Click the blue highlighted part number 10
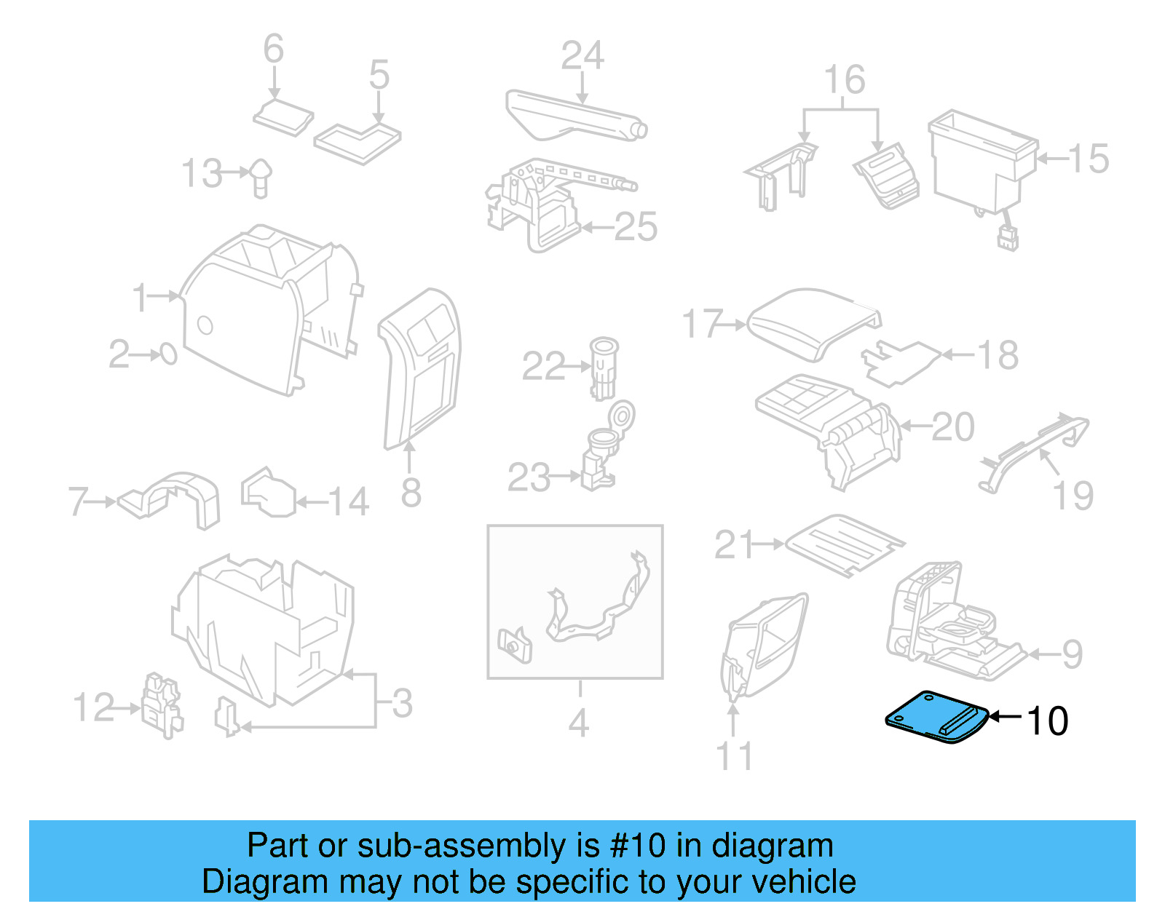[936, 718]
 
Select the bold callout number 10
[1047, 721]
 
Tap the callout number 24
[582, 55]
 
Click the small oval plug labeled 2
[168, 354]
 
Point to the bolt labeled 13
[261, 176]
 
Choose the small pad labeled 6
[283, 118]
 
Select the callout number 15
[1089, 159]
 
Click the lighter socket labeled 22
[603, 367]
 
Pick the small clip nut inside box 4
[515, 645]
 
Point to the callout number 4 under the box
[579, 723]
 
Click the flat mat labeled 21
[845, 546]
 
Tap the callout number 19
[1073, 496]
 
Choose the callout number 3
[402, 704]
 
